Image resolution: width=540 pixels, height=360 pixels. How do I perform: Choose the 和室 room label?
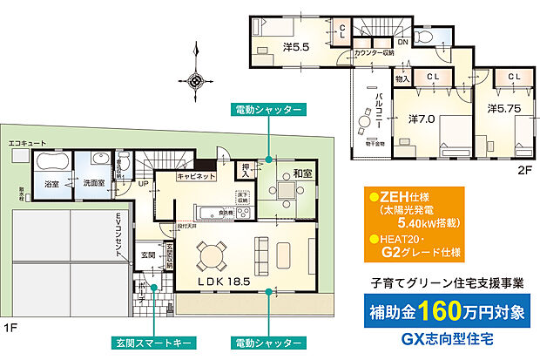tap(302, 173)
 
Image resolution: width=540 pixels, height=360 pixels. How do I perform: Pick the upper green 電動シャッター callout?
tap(268, 111)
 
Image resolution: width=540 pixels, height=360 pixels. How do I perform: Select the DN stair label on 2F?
tap(403, 41)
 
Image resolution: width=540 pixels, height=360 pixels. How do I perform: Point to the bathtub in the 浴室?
tap(49, 163)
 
